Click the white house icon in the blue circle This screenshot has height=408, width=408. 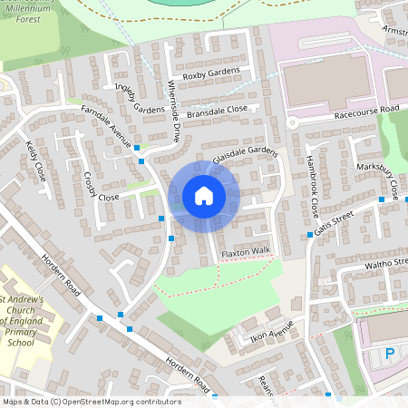click(x=204, y=196)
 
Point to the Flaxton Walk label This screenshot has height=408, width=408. click(x=247, y=251)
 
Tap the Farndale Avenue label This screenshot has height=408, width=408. click(x=106, y=128)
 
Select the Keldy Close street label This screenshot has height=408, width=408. click(x=35, y=160)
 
